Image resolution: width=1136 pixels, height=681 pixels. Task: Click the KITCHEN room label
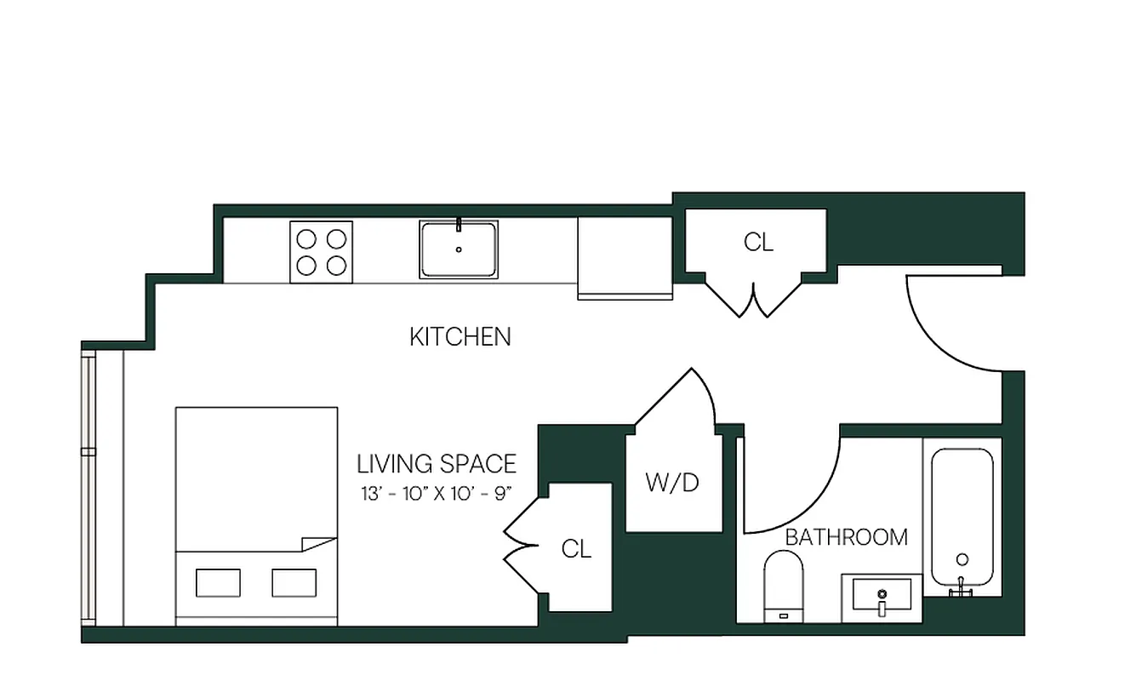pos(460,337)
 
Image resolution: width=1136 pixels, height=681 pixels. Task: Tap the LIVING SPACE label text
pos(437,464)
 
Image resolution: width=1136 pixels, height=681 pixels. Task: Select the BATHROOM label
pos(846,537)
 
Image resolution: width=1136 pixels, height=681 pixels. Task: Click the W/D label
pos(672,484)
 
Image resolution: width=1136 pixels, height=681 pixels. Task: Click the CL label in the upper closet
pos(758,243)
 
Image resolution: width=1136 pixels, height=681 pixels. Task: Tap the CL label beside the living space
pos(576,549)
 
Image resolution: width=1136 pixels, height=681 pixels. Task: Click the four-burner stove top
pos(322,252)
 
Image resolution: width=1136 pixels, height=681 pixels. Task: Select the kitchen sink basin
pos(459,250)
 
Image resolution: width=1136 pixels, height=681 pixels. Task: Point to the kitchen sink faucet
pos(459,225)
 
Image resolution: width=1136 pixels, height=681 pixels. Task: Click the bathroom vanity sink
pos(882,596)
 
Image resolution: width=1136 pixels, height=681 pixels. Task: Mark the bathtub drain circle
pos(962,559)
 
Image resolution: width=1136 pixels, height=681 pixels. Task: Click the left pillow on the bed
pos(218,583)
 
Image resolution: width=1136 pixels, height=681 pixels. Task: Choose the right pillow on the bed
pos(294,583)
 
